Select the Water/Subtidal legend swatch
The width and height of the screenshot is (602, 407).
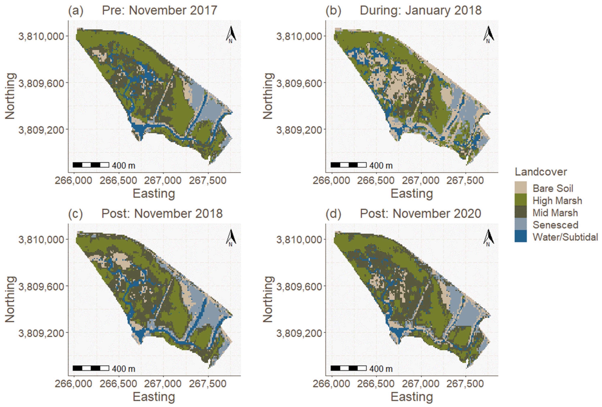click(x=520, y=237)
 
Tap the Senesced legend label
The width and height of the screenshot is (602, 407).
click(x=555, y=225)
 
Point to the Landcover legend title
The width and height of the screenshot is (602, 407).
click(x=541, y=172)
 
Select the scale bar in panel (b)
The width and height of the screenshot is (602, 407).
click(x=348, y=165)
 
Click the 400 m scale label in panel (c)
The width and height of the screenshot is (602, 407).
click(x=123, y=368)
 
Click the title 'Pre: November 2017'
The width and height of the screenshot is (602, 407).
click(x=159, y=10)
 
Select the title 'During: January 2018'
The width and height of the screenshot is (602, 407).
click(x=420, y=10)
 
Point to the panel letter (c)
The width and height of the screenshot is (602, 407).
click(x=75, y=214)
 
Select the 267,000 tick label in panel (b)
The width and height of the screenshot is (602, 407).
click(x=421, y=180)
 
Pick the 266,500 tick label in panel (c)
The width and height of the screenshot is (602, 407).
click(x=118, y=384)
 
